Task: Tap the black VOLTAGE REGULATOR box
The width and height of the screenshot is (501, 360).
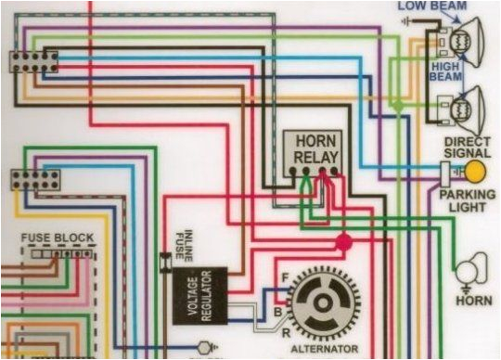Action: point(199,296)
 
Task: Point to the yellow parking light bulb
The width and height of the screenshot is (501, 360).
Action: point(474,171)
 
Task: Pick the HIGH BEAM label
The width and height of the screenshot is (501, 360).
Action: point(445,71)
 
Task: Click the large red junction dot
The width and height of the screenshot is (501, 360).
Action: point(343,243)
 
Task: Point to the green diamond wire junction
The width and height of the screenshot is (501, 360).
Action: point(396,109)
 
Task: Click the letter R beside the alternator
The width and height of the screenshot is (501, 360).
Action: point(284,330)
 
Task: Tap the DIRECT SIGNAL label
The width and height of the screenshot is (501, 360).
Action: point(468,148)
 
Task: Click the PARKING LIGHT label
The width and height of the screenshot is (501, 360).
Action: point(468,199)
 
